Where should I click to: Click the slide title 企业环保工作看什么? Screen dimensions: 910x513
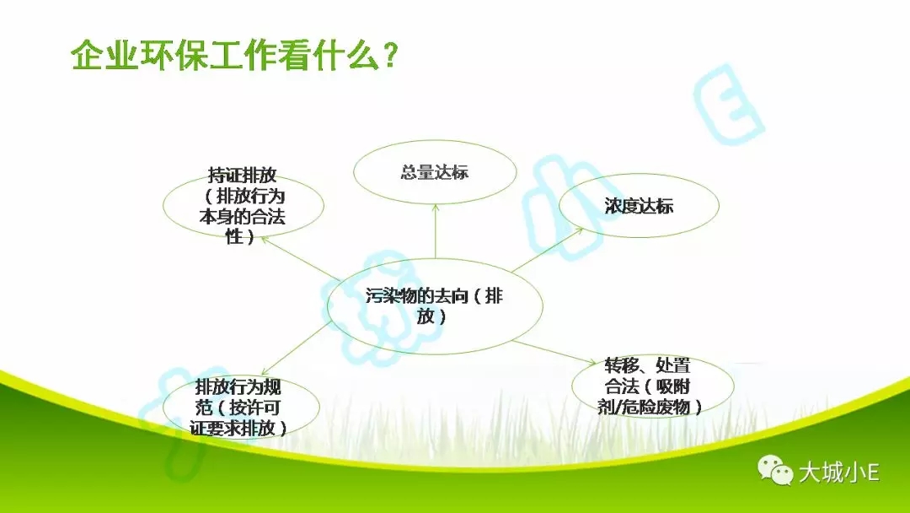(x=234, y=55)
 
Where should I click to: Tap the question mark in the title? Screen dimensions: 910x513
(x=389, y=56)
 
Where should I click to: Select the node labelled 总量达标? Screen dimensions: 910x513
(x=435, y=172)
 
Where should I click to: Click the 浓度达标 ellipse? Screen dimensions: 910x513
(x=639, y=205)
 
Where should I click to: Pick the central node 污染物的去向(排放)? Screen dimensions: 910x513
(x=435, y=306)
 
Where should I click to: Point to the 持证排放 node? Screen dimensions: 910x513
(x=244, y=205)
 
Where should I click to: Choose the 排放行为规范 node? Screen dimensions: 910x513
(x=241, y=407)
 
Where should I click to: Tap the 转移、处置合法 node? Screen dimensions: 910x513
(x=652, y=386)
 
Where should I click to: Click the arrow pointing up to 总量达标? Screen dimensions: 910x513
(x=436, y=231)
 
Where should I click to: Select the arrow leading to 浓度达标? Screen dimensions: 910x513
(x=548, y=250)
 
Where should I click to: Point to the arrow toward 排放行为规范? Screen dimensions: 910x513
(x=297, y=348)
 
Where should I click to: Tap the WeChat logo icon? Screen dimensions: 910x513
(x=775, y=470)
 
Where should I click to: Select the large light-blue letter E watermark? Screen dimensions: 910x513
(x=728, y=105)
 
